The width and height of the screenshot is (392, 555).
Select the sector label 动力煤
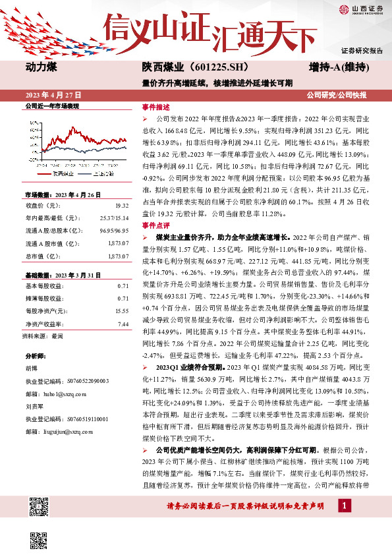click(x=40, y=68)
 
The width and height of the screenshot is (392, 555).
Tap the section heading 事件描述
click(x=155, y=107)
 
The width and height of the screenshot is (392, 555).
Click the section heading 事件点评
click(x=155, y=244)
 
